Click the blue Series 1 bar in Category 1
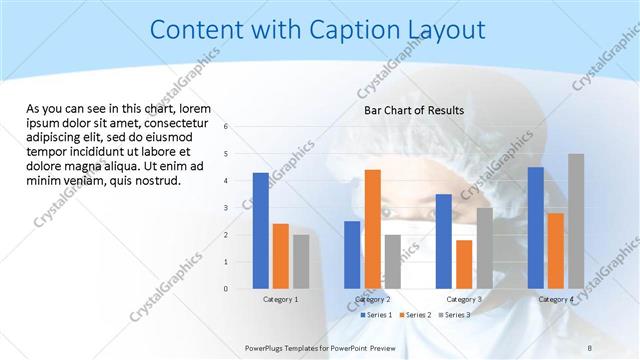[x=261, y=231]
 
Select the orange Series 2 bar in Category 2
[x=373, y=229]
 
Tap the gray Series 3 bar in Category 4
[x=576, y=221]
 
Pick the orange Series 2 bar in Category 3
[x=464, y=264]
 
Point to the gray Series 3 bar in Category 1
[x=301, y=262]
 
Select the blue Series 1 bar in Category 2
[x=352, y=255]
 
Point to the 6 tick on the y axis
[x=227, y=127]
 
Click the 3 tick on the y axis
[x=227, y=208]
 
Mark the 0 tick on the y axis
[x=227, y=289]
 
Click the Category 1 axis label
[x=280, y=299]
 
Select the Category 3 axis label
[x=464, y=299]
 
